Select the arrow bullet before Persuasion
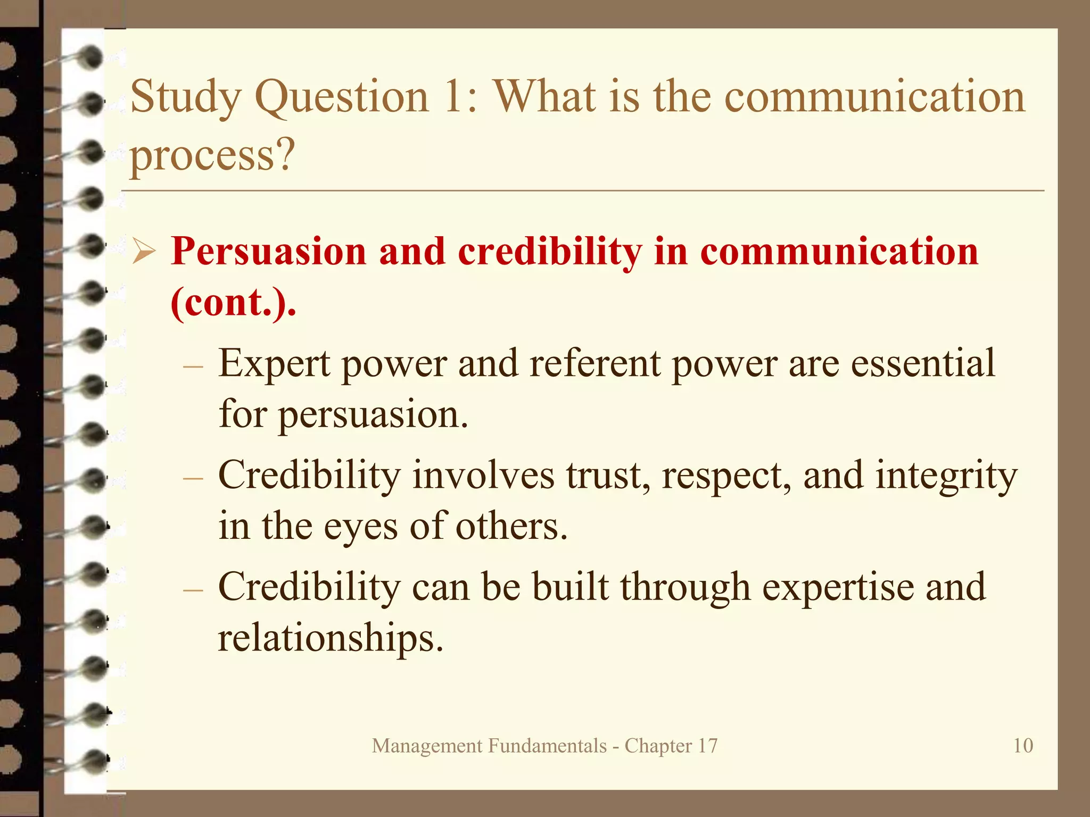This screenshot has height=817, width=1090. (x=144, y=252)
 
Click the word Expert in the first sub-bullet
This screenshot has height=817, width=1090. (x=274, y=364)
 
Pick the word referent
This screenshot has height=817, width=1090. (x=594, y=364)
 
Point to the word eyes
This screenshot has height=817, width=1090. (x=360, y=527)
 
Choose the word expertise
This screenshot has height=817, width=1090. (x=838, y=587)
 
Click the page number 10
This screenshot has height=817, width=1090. (x=1022, y=745)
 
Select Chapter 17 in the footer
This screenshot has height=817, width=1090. (x=671, y=746)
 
